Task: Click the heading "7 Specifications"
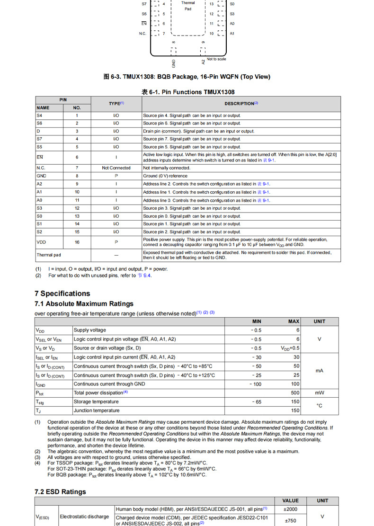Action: [x=62, y=294]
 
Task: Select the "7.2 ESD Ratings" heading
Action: [x=60, y=491]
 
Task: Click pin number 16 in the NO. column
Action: [x=77, y=242]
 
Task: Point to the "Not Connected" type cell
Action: [x=116, y=168]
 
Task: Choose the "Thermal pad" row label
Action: [x=49, y=255]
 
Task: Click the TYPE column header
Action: [x=116, y=103]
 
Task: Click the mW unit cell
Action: [x=320, y=392]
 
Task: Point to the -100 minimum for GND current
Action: [x=255, y=384]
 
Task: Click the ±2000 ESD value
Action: [x=290, y=509]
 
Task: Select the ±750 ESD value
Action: [x=290, y=520]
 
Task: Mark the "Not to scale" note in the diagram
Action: [x=216, y=59]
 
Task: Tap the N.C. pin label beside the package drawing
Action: [x=142, y=34]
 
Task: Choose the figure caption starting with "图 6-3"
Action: [x=187, y=77]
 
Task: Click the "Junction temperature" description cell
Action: [x=97, y=410]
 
